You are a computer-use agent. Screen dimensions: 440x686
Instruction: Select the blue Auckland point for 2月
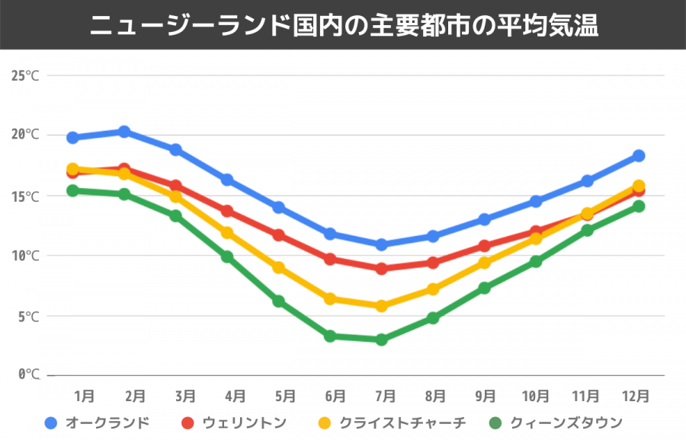(x=124, y=132)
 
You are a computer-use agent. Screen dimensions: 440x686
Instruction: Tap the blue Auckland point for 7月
(x=381, y=244)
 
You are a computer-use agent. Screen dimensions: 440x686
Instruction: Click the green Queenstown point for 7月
(x=381, y=340)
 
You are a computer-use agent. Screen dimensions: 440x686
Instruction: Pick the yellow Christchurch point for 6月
(x=330, y=299)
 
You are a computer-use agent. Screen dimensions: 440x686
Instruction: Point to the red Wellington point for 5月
(x=279, y=235)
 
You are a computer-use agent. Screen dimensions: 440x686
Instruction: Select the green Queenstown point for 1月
(x=73, y=190)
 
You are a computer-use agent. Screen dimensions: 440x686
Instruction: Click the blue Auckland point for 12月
(x=639, y=155)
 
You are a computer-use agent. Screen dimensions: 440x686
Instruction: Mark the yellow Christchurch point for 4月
(x=227, y=233)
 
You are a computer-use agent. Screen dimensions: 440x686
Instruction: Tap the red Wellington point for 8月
(x=433, y=263)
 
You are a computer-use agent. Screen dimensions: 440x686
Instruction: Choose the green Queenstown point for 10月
(x=536, y=261)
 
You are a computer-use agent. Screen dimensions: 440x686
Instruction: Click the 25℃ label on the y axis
(x=25, y=75)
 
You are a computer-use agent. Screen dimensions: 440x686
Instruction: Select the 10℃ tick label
(x=25, y=255)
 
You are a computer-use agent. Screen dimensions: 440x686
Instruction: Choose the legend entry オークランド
(x=107, y=422)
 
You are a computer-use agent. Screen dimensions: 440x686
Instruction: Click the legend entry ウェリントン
(x=244, y=422)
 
